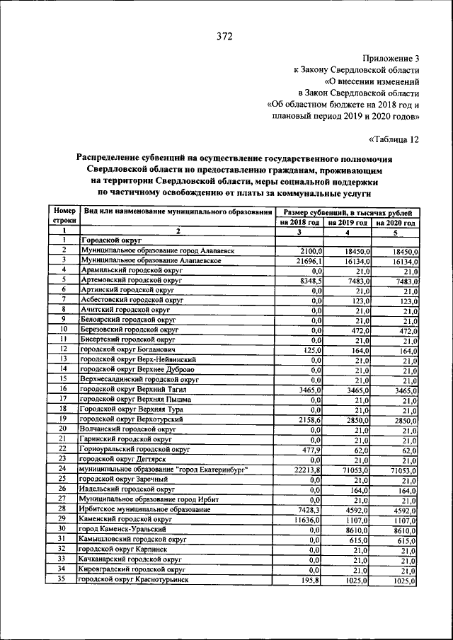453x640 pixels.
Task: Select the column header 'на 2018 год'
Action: tap(300, 222)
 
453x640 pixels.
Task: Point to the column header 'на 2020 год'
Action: tap(394, 222)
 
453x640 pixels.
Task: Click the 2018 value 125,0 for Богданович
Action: tap(311, 349)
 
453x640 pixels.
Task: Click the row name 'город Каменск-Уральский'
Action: tap(122, 529)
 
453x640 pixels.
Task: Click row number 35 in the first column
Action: tap(62, 579)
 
